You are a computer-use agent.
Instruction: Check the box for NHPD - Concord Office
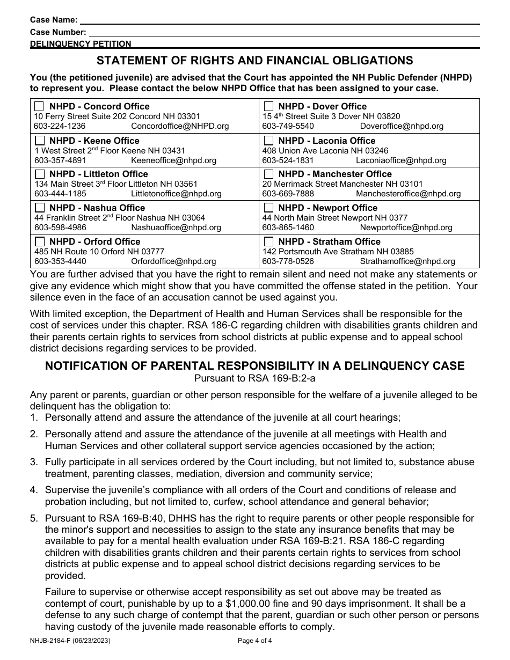point(40,106)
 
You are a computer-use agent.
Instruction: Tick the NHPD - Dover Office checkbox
point(268,106)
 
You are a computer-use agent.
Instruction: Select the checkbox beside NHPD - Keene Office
point(40,141)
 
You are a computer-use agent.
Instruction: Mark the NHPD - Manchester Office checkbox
point(268,174)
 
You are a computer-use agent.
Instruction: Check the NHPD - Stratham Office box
point(268,241)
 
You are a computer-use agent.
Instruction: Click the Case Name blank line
point(279,20)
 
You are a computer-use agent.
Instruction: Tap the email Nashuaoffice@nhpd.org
point(176,228)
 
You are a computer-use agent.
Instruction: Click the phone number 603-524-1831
point(288,160)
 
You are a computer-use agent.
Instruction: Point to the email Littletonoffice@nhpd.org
point(176,194)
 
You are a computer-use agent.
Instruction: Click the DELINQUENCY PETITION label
point(81,44)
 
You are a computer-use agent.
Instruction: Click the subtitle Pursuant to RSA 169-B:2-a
point(254,378)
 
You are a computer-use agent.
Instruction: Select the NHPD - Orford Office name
point(94,241)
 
